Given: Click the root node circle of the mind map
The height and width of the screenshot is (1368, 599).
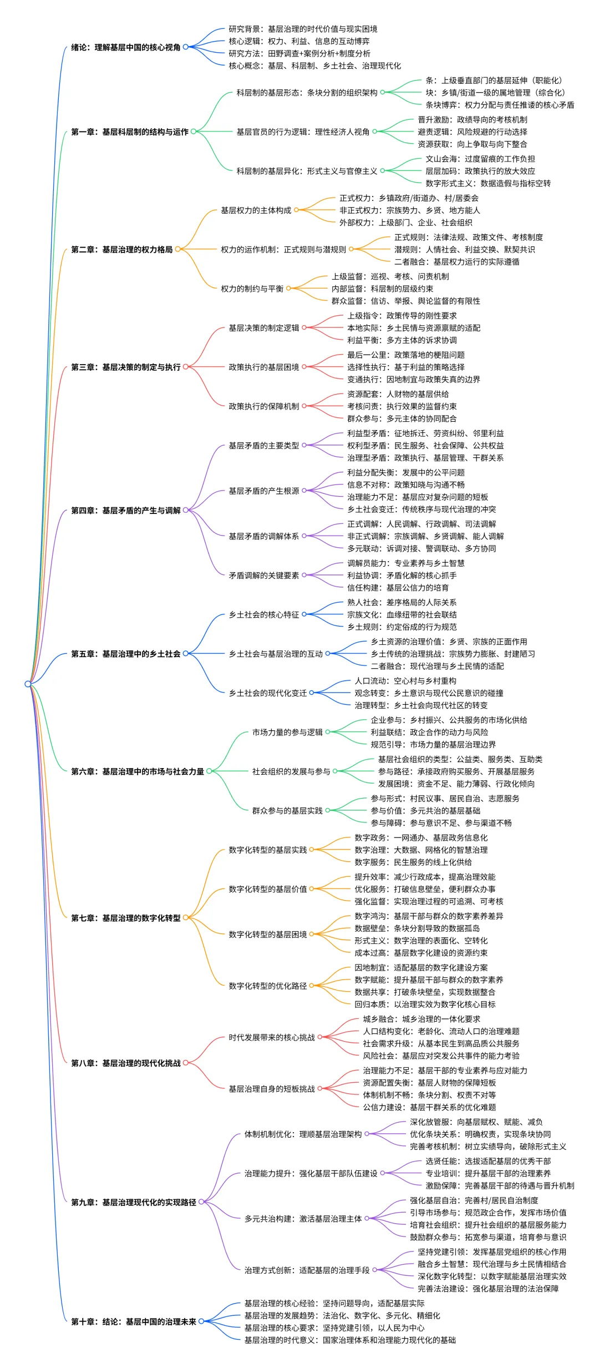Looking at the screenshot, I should pyautogui.click(x=28, y=683).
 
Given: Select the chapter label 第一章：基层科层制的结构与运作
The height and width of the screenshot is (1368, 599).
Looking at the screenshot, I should pyautogui.click(x=129, y=132).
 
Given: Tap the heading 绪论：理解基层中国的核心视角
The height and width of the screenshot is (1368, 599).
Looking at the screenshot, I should pyautogui.click(x=125, y=47).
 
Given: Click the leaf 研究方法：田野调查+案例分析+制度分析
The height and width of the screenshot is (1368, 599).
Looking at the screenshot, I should pyautogui.click(x=299, y=53).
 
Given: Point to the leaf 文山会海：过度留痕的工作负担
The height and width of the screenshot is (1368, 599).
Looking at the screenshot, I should pyautogui.click(x=480, y=159).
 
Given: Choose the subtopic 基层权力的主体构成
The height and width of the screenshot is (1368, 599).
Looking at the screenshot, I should pyautogui.click(x=256, y=210).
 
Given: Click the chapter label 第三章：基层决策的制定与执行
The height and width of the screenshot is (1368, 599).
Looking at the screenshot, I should pyautogui.click(x=125, y=367).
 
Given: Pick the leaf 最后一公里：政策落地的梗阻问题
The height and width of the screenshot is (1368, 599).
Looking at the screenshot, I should pyautogui.click(x=406, y=355).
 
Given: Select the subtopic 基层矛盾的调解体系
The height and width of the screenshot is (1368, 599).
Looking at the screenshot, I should pyautogui.click(x=263, y=536).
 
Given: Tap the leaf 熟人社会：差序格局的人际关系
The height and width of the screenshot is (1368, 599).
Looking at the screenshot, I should pyautogui.click(x=402, y=602).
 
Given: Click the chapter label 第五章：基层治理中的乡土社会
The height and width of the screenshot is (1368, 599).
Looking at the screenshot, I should pyautogui.click(x=125, y=654).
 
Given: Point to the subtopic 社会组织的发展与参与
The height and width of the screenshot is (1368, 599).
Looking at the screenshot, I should pyautogui.click(x=291, y=771).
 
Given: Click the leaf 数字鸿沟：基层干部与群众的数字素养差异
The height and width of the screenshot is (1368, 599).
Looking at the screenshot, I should pyautogui.click(x=429, y=916).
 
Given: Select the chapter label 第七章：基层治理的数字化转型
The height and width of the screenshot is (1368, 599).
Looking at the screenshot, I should pyautogui.click(x=125, y=918).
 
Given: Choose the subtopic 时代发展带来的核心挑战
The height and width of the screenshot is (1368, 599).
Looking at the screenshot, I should pyautogui.click(x=271, y=1037).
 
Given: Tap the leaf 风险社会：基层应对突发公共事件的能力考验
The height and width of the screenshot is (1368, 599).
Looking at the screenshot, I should pyautogui.click(x=441, y=1056).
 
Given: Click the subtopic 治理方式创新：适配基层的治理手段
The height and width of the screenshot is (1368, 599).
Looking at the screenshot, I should pyautogui.click(x=307, y=1270).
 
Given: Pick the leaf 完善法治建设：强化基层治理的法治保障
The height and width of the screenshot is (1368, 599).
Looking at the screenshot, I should pyautogui.click(x=488, y=1288).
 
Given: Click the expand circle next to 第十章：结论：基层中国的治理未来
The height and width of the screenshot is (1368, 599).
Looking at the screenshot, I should pyautogui.click(x=201, y=1321).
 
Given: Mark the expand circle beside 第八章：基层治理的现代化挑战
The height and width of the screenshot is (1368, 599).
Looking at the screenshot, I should pyautogui.click(x=186, y=1063).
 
